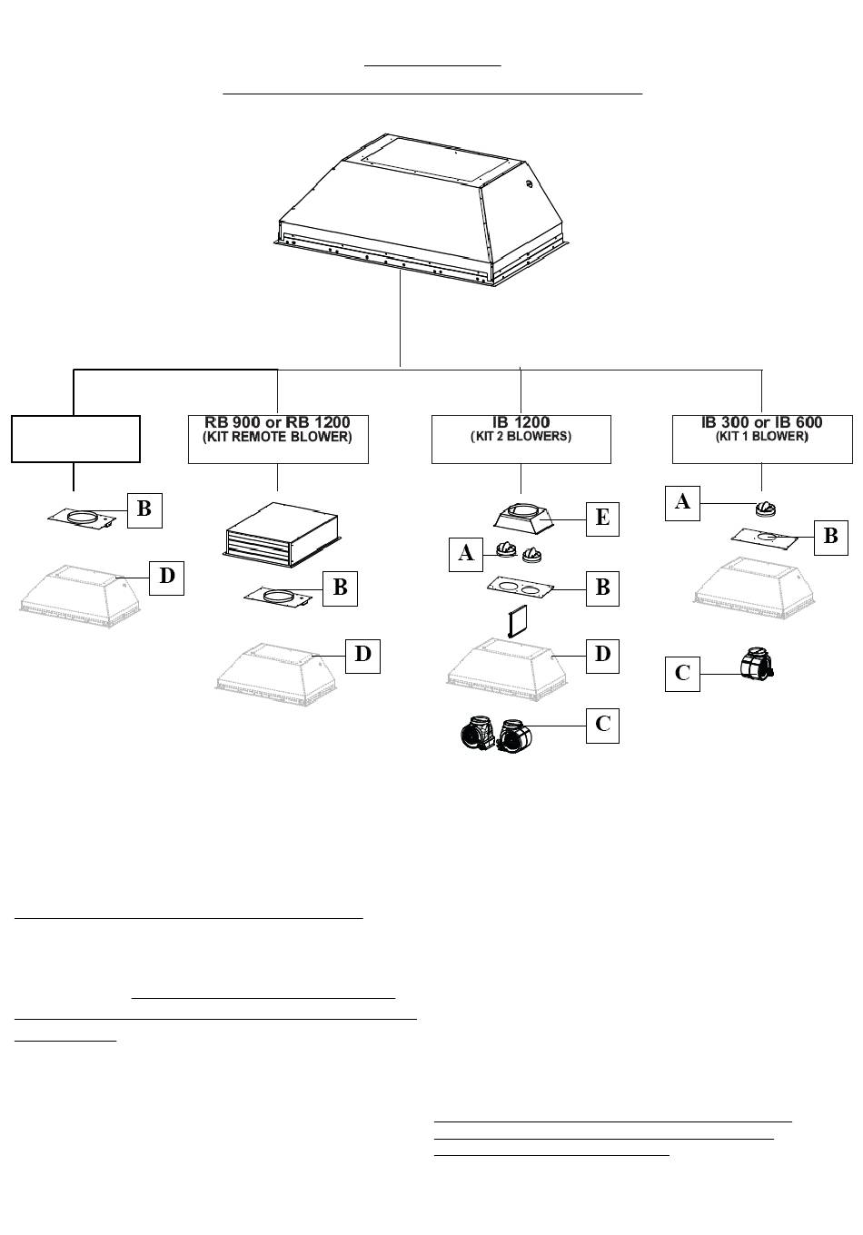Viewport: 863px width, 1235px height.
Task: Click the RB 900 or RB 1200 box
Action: coord(278,439)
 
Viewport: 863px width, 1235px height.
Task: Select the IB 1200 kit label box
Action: coord(521,439)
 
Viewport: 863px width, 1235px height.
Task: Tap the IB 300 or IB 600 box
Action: coord(762,439)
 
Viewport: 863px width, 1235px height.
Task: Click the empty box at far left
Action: coord(75,439)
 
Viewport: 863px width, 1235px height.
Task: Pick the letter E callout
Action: coord(602,519)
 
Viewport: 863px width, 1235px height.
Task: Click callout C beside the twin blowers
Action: coord(602,726)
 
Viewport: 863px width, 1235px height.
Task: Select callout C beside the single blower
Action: coord(683,674)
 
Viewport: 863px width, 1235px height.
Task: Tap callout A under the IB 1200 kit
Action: coord(466,554)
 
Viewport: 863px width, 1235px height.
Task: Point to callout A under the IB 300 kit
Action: coord(683,503)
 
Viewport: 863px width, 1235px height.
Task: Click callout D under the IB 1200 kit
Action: coord(602,656)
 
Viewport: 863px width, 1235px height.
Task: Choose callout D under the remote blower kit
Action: coord(362,656)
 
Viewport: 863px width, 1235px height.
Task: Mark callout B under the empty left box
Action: coord(144,510)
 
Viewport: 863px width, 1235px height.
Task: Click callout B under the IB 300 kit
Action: coord(831,538)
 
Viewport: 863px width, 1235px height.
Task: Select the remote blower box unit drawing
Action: coord(282,535)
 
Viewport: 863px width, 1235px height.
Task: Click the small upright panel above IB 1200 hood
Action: coord(518,622)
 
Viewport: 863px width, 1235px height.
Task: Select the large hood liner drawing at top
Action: coord(422,210)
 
